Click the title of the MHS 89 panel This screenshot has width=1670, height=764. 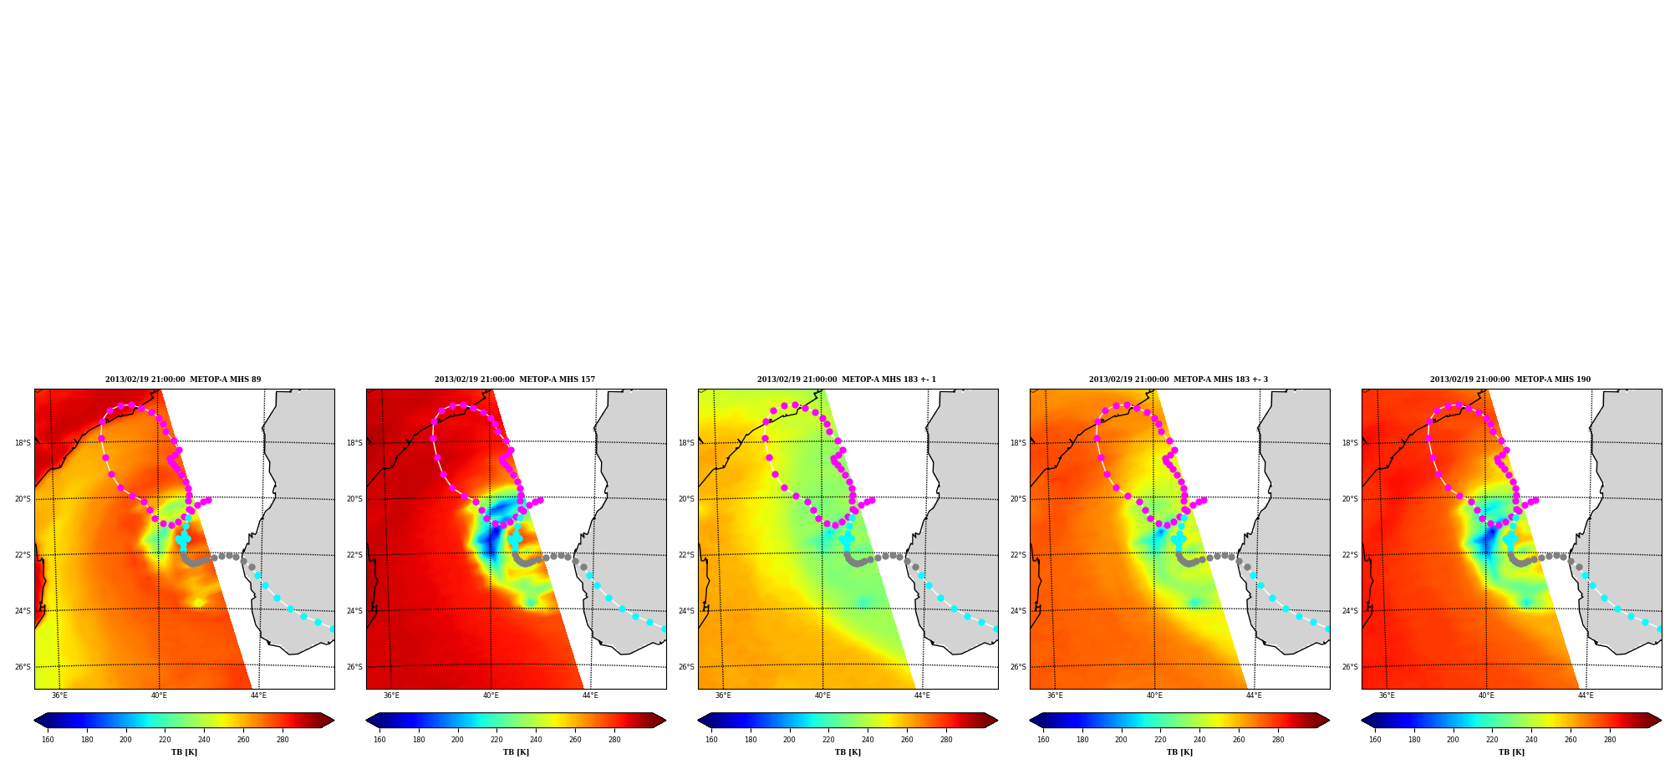183,379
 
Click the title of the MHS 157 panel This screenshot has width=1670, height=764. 515,379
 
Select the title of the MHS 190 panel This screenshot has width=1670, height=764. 1510,379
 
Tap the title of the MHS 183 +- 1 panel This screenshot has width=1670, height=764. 847,379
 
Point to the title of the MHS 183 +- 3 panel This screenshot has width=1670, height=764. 1179,379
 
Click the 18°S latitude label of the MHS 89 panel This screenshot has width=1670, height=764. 23,443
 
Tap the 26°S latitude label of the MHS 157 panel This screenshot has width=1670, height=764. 354,667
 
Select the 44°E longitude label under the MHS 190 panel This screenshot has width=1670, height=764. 1586,695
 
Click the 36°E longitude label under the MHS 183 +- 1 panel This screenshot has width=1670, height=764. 723,695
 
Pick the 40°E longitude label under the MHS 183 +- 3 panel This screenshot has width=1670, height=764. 1154,695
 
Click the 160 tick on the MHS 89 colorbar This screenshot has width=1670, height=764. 48,739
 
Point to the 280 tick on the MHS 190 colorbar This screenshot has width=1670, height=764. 1610,739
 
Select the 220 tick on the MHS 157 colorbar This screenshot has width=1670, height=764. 496,739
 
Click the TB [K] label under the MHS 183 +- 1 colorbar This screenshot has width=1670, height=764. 848,752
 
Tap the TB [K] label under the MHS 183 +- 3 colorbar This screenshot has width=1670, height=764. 1179,752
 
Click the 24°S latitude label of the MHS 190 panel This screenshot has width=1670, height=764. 1350,611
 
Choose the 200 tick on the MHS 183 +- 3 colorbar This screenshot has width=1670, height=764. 1121,739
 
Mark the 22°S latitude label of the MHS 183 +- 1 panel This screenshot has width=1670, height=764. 686,555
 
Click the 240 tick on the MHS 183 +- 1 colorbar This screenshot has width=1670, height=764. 868,739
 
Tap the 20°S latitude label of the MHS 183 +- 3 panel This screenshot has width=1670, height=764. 1018,499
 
